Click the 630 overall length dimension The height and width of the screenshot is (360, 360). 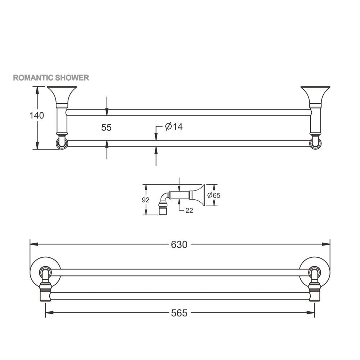coord(179,244)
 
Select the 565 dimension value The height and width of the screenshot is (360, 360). coord(179,313)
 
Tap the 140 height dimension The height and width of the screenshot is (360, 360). coord(37,116)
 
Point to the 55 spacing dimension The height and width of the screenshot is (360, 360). coord(106,127)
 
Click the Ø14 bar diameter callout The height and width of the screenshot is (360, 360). coord(174,126)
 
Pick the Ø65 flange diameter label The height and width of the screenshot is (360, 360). coord(214,195)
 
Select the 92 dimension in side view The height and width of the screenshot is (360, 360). coord(145,200)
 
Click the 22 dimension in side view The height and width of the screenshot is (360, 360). coord(189,211)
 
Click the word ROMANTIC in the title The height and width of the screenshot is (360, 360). coord(33,78)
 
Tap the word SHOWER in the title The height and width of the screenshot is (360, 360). coord(72,78)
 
